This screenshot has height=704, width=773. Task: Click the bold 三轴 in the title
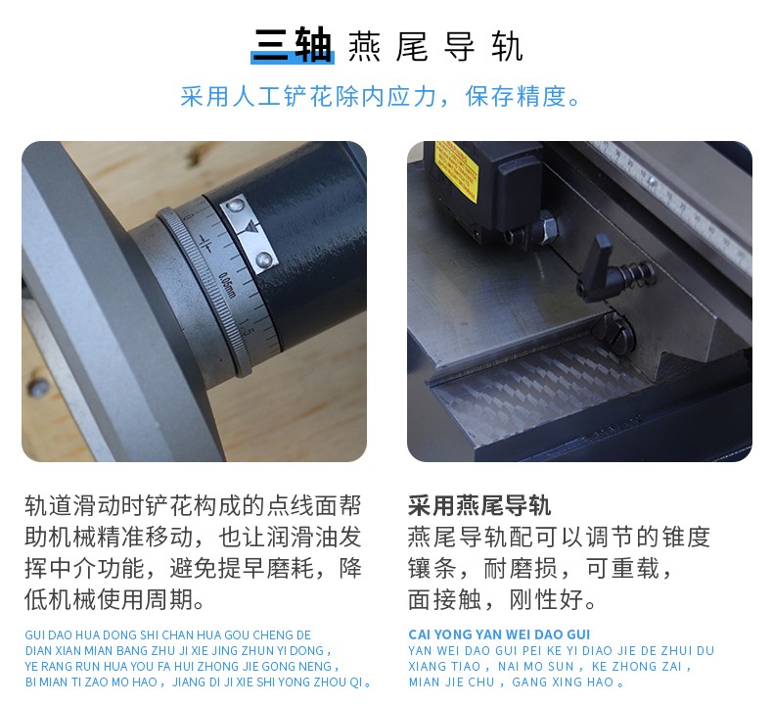tap(293, 45)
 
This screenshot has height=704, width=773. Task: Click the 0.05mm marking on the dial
tap(227, 285)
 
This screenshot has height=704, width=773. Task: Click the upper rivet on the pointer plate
tap(237, 204)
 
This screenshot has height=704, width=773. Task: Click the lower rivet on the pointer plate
tap(264, 259)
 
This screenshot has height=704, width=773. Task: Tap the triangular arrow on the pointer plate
tap(250, 227)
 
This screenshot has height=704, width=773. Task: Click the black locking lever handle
tap(599, 270)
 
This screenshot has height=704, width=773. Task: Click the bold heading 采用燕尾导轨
tap(479, 505)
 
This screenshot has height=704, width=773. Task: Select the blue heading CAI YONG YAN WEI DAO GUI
tap(499, 634)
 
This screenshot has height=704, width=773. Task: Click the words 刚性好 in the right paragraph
tap(546, 600)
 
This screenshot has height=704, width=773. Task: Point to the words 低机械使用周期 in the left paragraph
tap(109, 600)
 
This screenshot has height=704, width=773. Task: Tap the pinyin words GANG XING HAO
tap(562, 681)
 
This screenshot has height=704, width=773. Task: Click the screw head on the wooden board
tap(38, 387)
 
